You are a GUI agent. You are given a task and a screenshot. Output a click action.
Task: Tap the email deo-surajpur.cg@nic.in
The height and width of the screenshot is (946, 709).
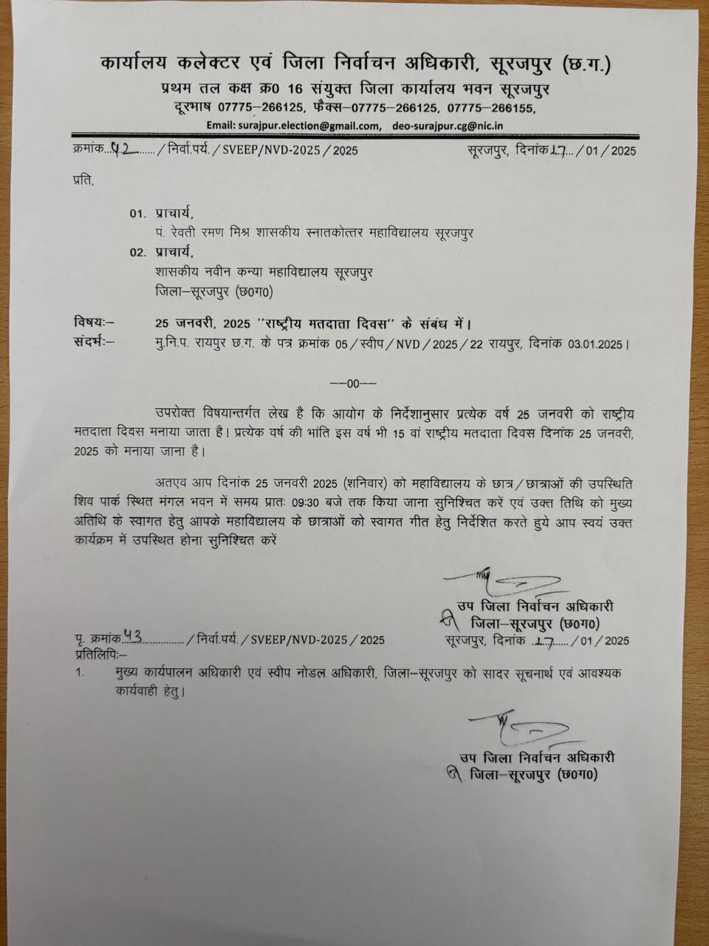(x=448, y=126)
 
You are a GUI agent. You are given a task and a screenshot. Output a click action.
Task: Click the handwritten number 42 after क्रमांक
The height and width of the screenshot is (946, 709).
(x=120, y=149)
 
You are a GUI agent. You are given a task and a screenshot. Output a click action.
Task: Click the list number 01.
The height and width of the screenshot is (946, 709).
(x=137, y=214)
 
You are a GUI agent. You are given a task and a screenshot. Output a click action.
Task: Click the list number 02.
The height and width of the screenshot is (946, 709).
(x=137, y=252)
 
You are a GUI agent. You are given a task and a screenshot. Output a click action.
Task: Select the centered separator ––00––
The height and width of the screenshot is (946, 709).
(x=353, y=383)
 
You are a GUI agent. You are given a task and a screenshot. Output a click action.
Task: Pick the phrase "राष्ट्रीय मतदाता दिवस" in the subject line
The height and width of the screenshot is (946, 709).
(x=326, y=323)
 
